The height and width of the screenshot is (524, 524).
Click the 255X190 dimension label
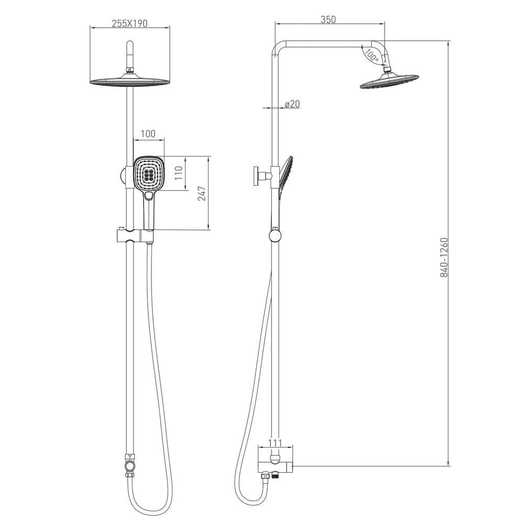coord(129,24)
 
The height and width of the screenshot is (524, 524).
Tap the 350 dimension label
coord(328,20)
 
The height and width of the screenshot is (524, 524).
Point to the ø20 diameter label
coord(292,104)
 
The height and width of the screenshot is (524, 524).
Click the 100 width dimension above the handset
coord(148,134)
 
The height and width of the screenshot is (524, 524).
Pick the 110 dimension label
coord(179,173)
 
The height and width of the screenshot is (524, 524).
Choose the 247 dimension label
coord(202,193)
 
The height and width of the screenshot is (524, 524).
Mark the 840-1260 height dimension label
coord(444,257)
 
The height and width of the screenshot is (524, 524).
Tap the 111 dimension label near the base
coord(275,443)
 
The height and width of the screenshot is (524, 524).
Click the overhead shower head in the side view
coord(389,81)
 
